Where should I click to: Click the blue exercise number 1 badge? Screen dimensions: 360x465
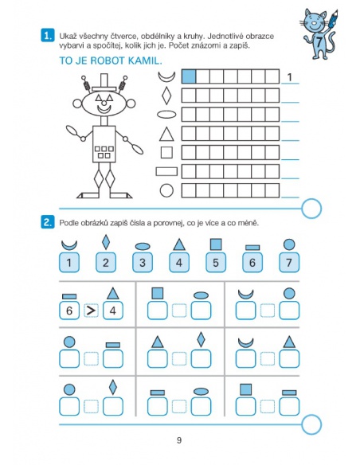click(48, 36)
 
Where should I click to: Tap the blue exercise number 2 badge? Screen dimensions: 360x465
click(48, 222)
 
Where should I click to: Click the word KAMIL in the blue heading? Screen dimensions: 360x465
click(145, 61)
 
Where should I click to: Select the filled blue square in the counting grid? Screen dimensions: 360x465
click(189, 76)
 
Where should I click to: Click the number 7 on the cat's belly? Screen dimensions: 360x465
click(319, 41)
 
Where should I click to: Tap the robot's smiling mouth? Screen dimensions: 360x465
click(104, 109)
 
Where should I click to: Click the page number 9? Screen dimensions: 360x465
click(179, 440)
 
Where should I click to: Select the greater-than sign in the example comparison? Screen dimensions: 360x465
click(91, 311)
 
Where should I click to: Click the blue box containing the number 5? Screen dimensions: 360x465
click(216, 263)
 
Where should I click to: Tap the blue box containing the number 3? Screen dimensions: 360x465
click(143, 263)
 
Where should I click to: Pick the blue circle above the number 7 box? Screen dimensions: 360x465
click(289, 244)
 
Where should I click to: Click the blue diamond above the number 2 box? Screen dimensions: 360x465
click(106, 242)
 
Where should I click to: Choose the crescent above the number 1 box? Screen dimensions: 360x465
click(69, 245)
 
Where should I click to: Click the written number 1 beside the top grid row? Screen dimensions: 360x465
click(290, 77)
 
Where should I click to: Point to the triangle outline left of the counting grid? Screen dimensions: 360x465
click(166, 134)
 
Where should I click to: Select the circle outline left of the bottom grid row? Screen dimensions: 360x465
click(166, 190)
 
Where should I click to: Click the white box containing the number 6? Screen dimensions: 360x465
click(69, 311)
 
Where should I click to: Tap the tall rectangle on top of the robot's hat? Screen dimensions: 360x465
click(104, 80)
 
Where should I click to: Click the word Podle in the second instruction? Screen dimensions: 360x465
click(68, 223)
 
